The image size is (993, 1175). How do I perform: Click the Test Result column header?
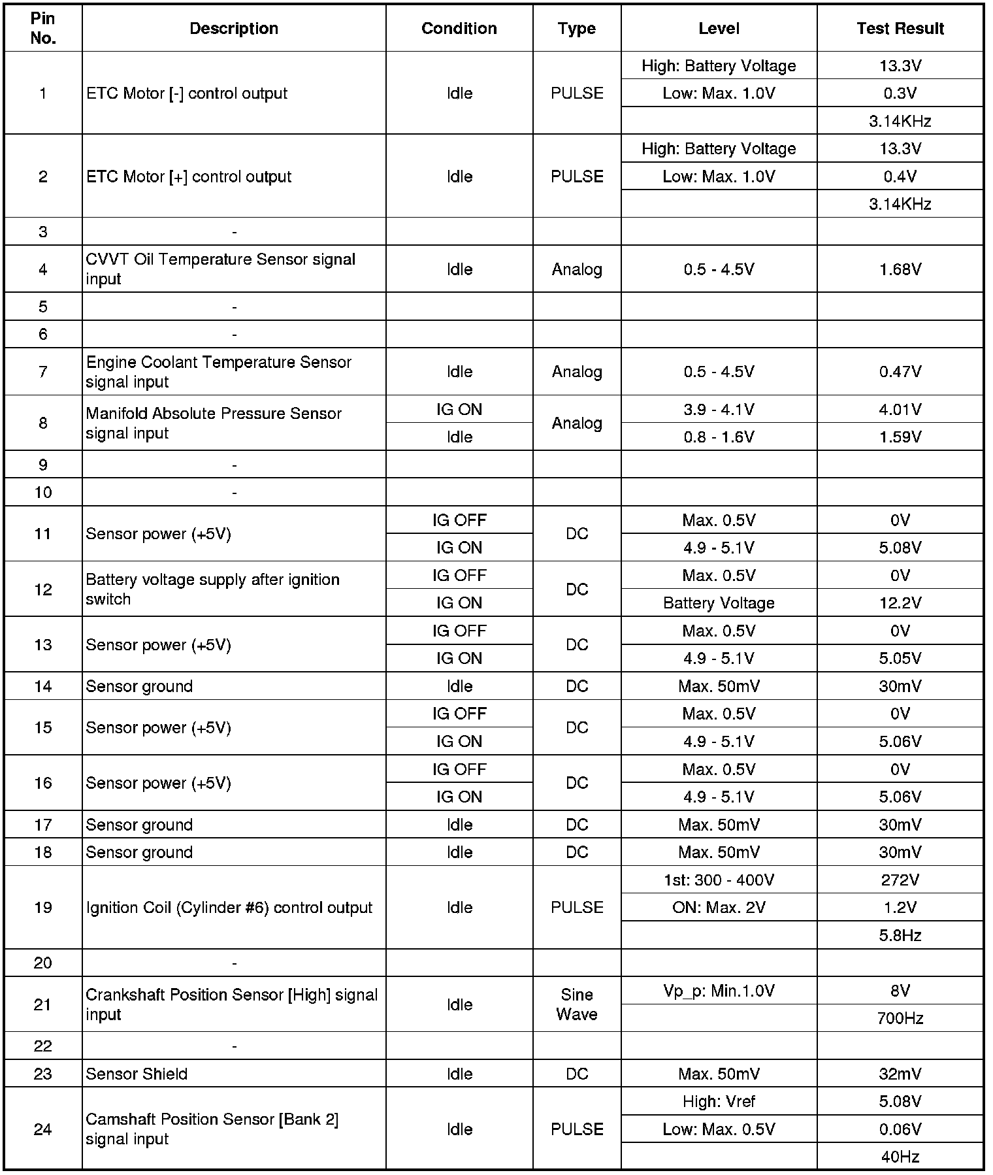[x=900, y=29]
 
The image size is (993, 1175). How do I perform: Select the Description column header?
[x=234, y=29]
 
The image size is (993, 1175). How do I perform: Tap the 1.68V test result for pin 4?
[x=900, y=269]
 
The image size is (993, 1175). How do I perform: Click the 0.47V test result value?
[x=900, y=372]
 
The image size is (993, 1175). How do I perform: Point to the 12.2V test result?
[x=900, y=603]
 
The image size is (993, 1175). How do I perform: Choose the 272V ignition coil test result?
[x=900, y=880]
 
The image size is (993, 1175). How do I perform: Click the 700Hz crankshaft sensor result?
[x=900, y=1018]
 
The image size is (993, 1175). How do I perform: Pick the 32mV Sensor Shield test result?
[x=900, y=1074]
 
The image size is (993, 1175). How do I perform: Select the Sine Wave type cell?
[x=577, y=1004]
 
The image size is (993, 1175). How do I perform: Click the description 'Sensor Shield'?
[x=137, y=1074]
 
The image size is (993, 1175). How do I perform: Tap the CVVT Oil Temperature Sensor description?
[x=220, y=269]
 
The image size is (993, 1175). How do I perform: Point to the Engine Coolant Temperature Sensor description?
[x=218, y=372]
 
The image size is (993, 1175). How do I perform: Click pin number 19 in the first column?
[x=43, y=908]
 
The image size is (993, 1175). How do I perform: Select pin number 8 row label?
[x=43, y=423]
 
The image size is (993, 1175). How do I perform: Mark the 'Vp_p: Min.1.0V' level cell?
[x=719, y=991]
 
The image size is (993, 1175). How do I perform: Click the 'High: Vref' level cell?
[x=719, y=1102]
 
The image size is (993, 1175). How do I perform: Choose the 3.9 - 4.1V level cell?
[x=719, y=410]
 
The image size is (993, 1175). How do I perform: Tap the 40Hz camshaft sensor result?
[x=900, y=1157]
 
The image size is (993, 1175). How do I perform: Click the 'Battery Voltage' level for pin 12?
[x=719, y=603]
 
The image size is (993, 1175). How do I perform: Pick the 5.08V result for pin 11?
[x=900, y=548]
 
